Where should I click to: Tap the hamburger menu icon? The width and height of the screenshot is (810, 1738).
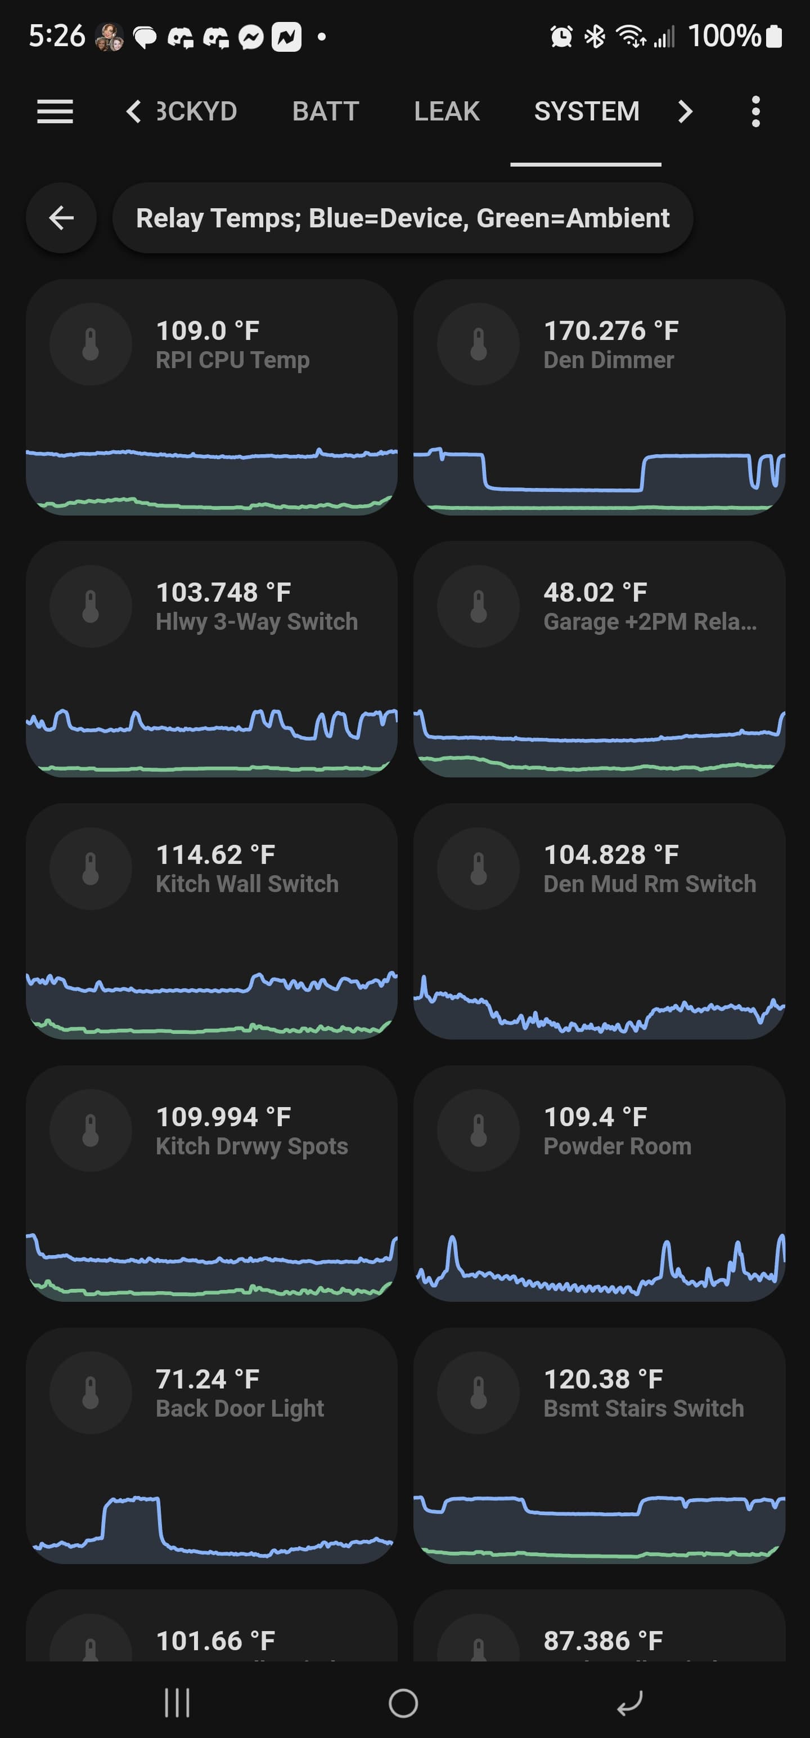tap(55, 111)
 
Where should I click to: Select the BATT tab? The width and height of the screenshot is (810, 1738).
tap(325, 111)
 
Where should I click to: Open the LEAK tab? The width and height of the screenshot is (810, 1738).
tap(447, 111)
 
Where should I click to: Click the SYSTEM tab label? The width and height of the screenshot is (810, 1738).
tap(586, 111)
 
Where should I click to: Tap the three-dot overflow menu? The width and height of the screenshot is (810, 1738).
tap(755, 111)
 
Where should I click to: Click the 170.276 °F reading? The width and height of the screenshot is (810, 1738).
tap(610, 330)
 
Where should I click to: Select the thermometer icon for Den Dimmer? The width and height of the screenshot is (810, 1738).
tap(478, 344)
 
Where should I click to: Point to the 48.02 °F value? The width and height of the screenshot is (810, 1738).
tap(595, 593)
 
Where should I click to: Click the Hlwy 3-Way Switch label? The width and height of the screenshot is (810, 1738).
tap(256, 622)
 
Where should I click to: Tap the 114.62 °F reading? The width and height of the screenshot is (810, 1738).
tap(215, 855)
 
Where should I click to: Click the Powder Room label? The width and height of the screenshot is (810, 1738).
tap(617, 1146)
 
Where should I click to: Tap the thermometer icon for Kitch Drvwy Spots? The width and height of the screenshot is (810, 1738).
tap(91, 1131)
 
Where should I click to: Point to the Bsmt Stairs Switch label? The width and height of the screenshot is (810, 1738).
tap(643, 1409)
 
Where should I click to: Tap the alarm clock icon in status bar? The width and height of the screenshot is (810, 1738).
tap(561, 37)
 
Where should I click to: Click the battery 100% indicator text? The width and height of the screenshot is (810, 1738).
tap(724, 36)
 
